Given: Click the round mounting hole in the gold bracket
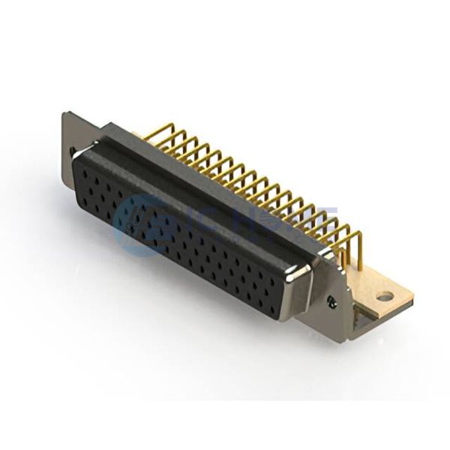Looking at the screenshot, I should (384, 296).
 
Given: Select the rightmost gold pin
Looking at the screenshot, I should (358, 247).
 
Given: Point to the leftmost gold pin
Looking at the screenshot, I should (148, 135).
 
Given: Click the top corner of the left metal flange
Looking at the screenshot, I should (66, 115).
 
